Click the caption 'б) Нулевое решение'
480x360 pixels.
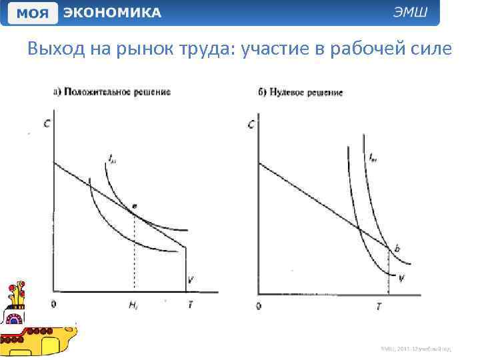[x=301, y=92]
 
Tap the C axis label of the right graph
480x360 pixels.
[x=251, y=124]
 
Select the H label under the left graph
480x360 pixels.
[x=133, y=305]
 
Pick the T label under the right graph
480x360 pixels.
[x=379, y=305]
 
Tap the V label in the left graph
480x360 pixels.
[x=191, y=280]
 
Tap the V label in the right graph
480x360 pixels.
[x=401, y=279]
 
